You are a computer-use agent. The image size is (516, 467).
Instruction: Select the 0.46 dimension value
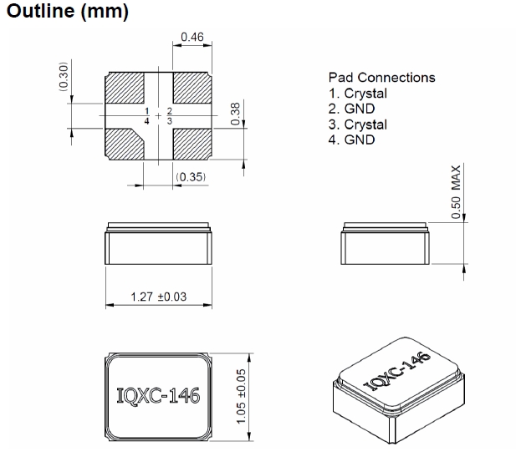(x=192, y=38)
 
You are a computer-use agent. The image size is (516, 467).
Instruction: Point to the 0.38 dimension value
(x=235, y=111)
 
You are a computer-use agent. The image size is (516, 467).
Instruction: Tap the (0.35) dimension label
(x=192, y=178)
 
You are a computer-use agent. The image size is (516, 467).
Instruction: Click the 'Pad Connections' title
(x=381, y=78)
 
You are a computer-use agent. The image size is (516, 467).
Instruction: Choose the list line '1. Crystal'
(x=357, y=94)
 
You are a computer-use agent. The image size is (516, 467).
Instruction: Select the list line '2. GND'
(x=351, y=109)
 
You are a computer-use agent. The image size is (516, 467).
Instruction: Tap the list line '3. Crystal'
(x=357, y=124)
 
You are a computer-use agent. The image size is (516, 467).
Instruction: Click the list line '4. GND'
(x=351, y=140)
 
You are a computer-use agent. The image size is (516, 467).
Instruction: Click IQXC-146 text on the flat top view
(x=158, y=394)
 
